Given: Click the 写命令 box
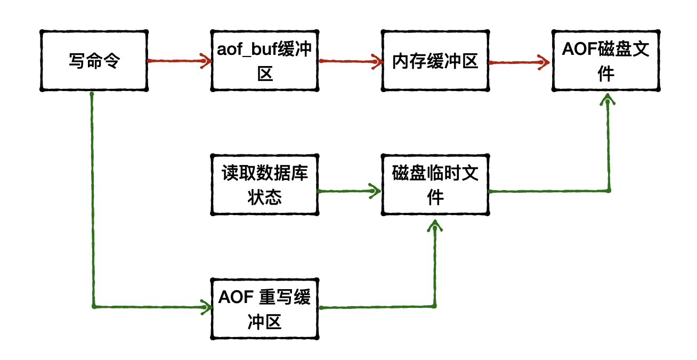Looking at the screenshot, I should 94,61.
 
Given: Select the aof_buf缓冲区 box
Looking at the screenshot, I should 265,61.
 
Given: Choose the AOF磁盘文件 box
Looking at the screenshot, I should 606,61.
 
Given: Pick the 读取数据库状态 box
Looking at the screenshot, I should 265,185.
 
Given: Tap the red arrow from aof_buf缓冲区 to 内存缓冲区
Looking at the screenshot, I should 350,61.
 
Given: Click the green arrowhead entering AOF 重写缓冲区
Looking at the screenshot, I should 205,307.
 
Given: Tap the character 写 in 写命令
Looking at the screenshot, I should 77,61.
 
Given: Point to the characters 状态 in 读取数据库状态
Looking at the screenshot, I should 265,197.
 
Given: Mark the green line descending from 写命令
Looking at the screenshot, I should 93,202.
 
